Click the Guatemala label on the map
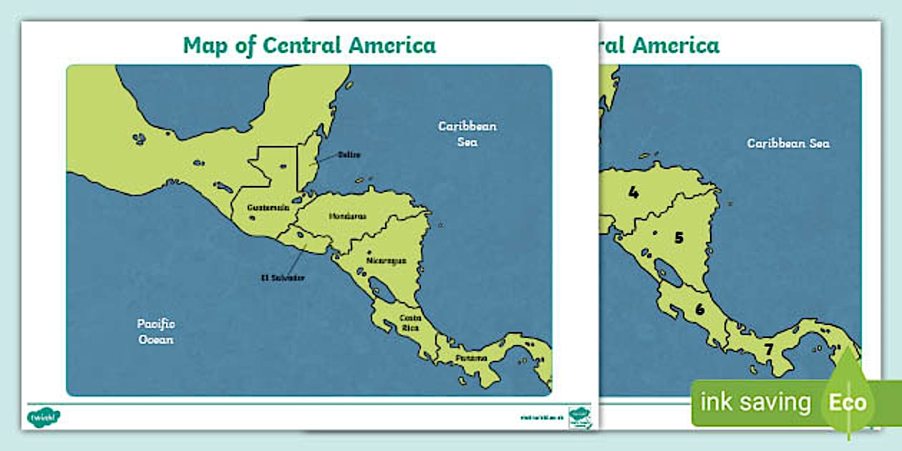[268, 207]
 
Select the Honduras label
[348, 215]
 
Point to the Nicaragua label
[386, 261]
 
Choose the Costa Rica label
[410, 322]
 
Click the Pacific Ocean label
[155, 331]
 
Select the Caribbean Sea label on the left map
[467, 134]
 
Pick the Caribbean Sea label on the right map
[788, 143]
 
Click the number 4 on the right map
[633, 192]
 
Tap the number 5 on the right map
[679, 238]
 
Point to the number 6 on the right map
[699, 310]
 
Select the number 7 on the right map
[768, 351]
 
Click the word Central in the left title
[302, 45]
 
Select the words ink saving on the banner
[755, 402]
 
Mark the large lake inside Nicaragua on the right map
[669, 273]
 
